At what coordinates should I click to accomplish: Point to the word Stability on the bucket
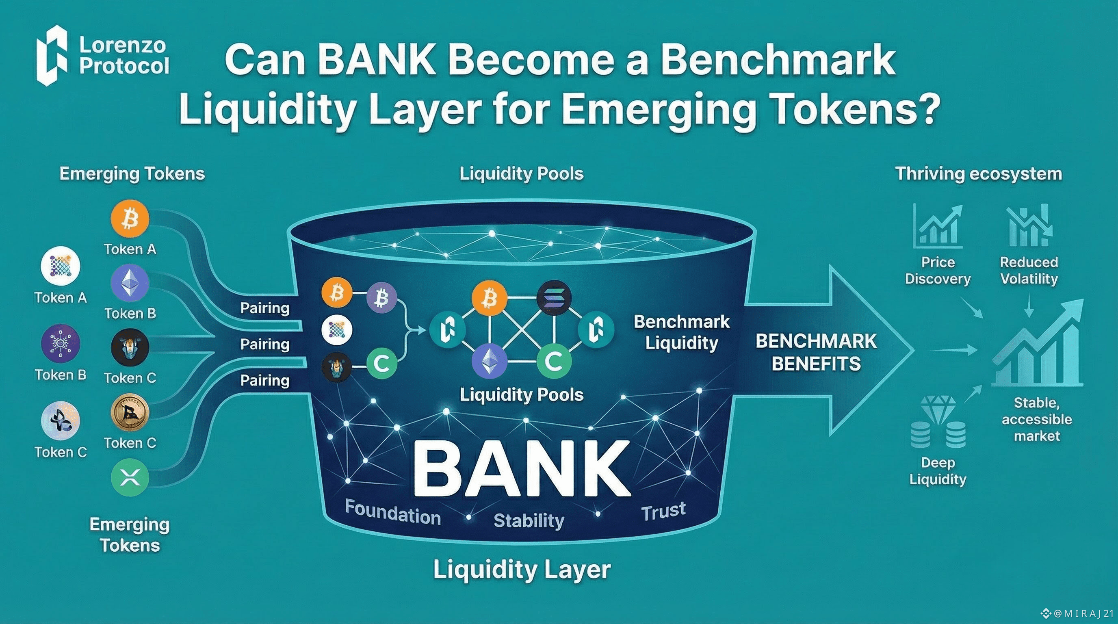[x=529, y=520]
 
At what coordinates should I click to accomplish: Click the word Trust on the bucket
[x=663, y=511]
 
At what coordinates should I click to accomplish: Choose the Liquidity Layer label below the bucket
[x=522, y=570]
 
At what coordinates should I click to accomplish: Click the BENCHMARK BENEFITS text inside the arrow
[x=816, y=352]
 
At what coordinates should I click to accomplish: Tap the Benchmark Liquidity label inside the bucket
[x=681, y=332]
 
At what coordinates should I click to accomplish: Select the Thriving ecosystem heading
[x=979, y=173]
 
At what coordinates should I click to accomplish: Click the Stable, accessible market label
[x=1037, y=419]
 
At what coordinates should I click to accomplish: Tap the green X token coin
[x=130, y=478]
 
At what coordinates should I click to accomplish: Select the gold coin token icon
[x=130, y=412]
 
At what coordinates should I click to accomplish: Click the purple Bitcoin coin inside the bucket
[x=381, y=298]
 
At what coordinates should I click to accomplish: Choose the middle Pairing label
[x=265, y=344]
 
